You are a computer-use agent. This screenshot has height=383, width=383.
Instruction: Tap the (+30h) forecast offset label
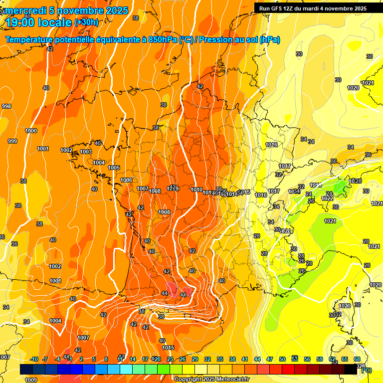click(x=86, y=22)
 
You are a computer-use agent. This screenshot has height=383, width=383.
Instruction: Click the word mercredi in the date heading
click(x=24, y=10)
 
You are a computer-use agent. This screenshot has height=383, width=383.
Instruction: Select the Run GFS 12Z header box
click(x=313, y=8)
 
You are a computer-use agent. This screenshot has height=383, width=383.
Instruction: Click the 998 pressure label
click(x=6, y=106)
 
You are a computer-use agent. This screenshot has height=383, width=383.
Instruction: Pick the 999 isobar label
click(x=12, y=141)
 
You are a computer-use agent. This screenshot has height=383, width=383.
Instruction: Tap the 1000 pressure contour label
click(x=31, y=131)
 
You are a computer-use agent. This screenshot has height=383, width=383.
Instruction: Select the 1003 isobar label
click(x=86, y=152)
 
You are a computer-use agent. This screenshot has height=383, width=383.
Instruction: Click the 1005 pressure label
click(x=114, y=168)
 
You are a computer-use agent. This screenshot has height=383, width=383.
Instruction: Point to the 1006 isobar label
click(x=126, y=180)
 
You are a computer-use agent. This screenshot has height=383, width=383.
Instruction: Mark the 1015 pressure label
click(x=168, y=348)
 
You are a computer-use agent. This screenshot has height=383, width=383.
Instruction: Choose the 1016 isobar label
click(x=271, y=145)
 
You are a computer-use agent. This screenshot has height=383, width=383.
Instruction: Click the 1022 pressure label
click(x=327, y=198)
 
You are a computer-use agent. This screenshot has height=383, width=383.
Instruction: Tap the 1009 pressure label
click(x=31, y=380)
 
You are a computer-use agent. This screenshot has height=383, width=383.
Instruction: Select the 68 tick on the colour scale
click(x=357, y=359)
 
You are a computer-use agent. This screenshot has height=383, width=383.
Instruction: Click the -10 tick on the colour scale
click(x=34, y=359)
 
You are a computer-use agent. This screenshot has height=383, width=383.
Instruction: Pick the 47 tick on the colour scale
click(x=270, y=359)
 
